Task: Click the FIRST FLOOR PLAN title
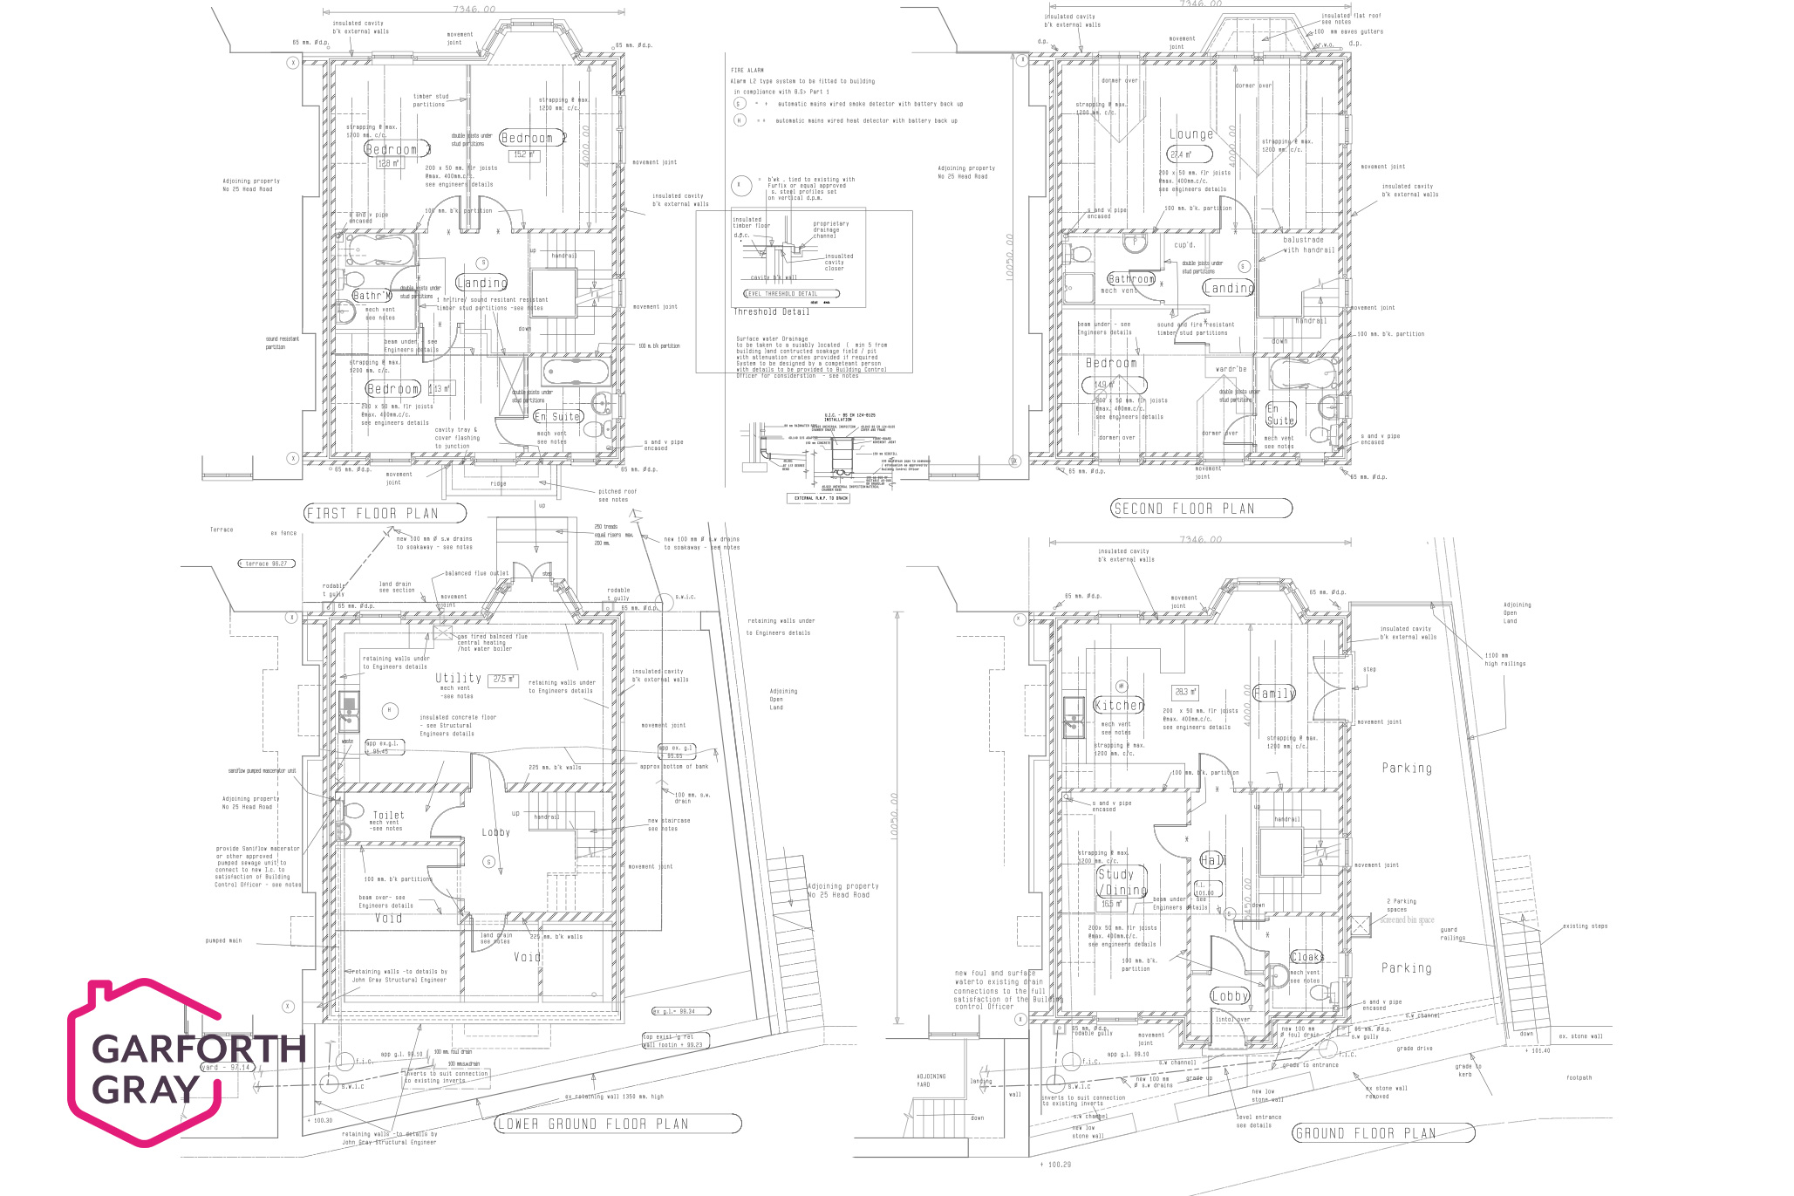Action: (x=385, y=513)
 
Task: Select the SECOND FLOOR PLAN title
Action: (x=1201, y=509)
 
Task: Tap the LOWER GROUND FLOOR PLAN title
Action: (x=617, y=1124)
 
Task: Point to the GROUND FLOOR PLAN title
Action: (x=1382, y=1133)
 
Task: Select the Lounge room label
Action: (x=1191, y=134)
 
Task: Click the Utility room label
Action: (x=458, y=678)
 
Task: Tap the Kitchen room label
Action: (x=1119, y=705)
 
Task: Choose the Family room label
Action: (x=1274, y=694)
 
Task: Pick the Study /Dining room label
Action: (x=1121, y=882)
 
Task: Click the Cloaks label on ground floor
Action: (x=1306, y=957)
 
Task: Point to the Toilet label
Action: (x=389, y=815)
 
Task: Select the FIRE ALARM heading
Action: (x=747, y=70)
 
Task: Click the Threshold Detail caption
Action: (x=771, y=311)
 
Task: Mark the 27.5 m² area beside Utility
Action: (x=504, y=679)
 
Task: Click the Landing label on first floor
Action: (x=481, y=283)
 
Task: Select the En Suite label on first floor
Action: (x=557, y=417)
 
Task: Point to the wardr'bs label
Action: (x=1231, y=369)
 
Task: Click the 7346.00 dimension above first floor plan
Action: (x=474, y=10)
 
